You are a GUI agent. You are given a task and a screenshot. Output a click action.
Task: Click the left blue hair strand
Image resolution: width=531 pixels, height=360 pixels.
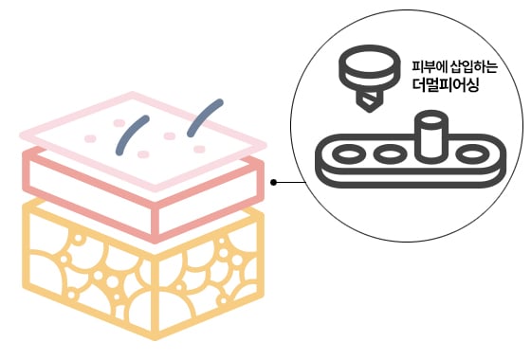coord(131,135)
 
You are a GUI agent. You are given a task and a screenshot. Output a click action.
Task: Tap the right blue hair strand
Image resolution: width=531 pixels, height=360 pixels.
coord(203,116)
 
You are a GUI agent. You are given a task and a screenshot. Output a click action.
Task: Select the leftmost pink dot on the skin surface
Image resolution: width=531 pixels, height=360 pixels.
coord(91,138)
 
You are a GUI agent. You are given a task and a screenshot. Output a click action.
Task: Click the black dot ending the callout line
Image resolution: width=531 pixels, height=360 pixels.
coord(274,182)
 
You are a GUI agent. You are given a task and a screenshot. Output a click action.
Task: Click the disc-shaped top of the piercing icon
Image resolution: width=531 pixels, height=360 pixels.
coord(366,65)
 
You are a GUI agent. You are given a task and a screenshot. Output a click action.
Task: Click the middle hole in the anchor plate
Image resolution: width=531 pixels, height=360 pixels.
coord(389,153)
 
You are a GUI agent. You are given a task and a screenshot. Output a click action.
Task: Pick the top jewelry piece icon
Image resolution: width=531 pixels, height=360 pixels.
coord(366,74)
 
